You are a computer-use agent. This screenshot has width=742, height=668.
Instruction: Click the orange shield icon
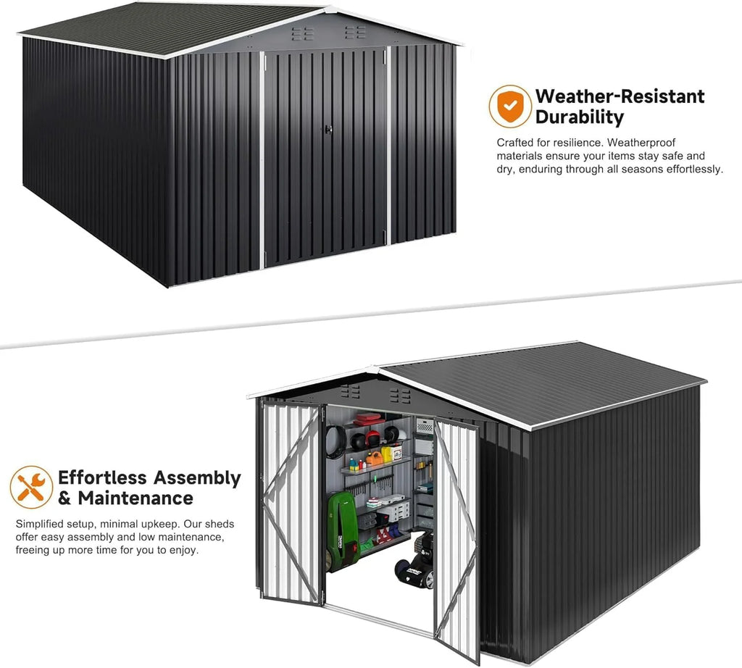tap(510, 106)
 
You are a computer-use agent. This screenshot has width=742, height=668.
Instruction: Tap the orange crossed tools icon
tap(31, 488)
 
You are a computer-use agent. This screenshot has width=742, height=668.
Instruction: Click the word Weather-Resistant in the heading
tap(620, 96)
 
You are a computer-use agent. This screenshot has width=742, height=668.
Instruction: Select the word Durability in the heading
tap(580, 117)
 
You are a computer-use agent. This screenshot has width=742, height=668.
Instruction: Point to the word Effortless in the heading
tap(103, 477)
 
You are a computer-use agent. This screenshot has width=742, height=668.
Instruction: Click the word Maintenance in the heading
tap(136, 498)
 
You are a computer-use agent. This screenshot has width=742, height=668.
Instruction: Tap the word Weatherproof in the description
tap(641, 143)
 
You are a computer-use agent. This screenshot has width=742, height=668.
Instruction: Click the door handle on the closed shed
tap(328, 129)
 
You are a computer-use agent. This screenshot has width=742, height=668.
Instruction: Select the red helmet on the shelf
tap(372, 438)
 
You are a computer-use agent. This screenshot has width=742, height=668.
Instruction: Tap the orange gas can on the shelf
tap(374, 457)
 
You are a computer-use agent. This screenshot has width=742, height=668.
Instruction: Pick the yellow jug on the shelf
tap(387, 454)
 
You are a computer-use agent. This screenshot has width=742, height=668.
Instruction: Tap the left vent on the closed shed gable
tap(302, 33)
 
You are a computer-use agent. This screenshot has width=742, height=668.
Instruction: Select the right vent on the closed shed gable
tap(355, 32)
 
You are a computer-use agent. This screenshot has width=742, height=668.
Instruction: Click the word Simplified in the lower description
tap(39, 524)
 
